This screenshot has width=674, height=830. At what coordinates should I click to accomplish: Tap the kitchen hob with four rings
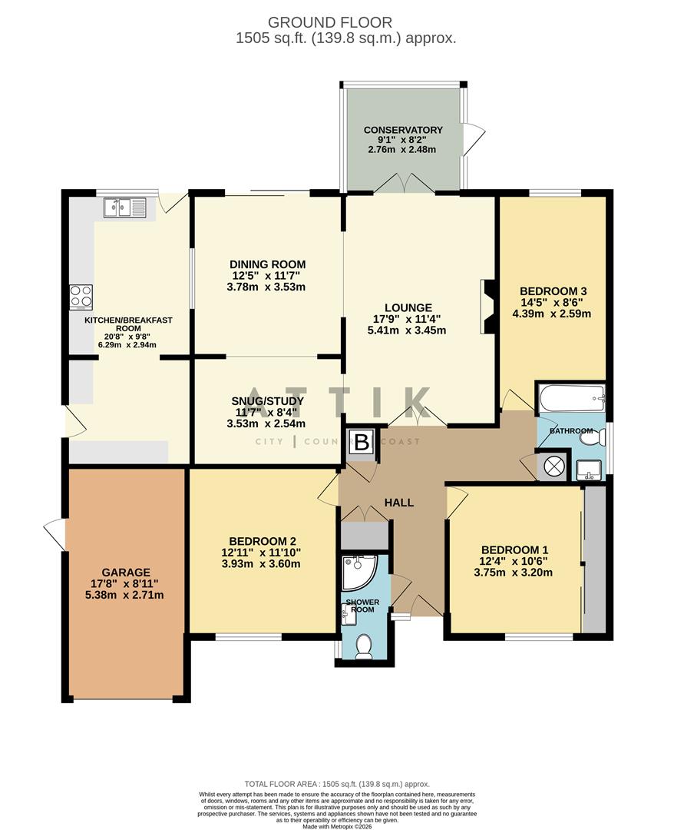coord(81,296)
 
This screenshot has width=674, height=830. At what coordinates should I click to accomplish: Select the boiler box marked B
coord(362,442)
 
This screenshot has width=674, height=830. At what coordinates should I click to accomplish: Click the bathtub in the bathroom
coord(572,398)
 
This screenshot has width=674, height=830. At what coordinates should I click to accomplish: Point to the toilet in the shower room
coord(364,645)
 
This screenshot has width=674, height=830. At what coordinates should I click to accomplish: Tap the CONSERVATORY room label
coord(403,130)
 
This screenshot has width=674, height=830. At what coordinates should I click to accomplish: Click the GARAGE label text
coord(126,572)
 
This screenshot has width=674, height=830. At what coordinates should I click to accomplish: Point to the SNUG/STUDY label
coord(267,400)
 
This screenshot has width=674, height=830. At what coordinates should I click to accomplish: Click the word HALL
coord(399,503)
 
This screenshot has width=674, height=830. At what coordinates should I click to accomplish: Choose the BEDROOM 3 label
coord(553,290)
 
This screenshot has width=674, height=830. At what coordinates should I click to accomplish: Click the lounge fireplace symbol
coord(487,307)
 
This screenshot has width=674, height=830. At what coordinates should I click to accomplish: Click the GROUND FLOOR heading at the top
coord(329,22)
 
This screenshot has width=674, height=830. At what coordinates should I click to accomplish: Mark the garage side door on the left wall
coord(56,534)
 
